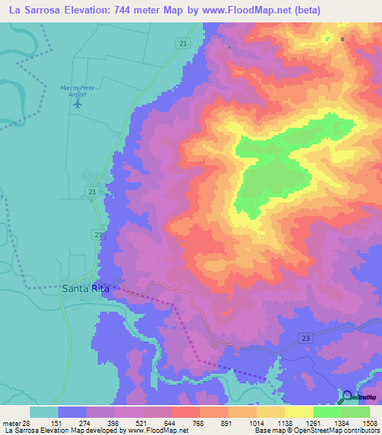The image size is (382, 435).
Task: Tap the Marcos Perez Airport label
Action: [x=77, y=90]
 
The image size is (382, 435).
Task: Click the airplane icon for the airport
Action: [x=78, y=104]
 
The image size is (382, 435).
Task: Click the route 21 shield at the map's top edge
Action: [x=183, y=45]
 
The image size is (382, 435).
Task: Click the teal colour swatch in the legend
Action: [x=44, y=412]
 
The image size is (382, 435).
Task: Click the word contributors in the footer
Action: [x=360, y=431]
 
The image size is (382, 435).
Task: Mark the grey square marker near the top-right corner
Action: [x=342, y=39]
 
